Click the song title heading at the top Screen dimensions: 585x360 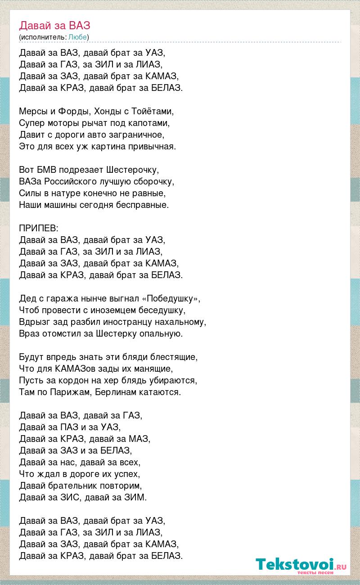click(x=55, y=25)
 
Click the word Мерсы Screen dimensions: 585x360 click(x=33, y=111)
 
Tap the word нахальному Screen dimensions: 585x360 click(x=180, y=322)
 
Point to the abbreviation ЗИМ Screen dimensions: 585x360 click(x=137, y=497)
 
